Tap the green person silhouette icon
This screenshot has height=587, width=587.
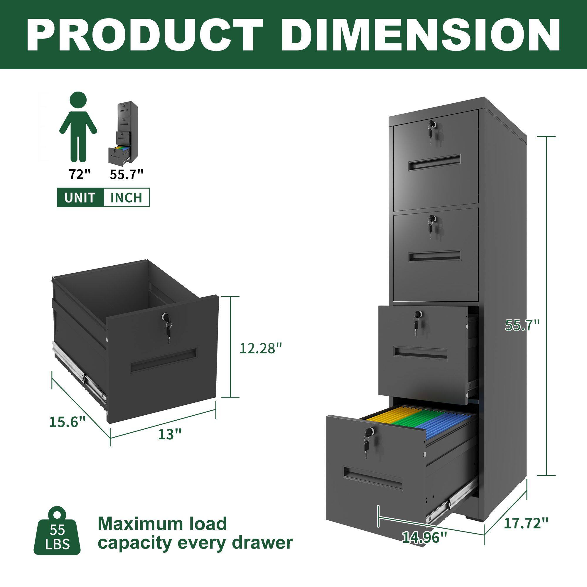tap(78, 128)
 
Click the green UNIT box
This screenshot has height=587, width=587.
tap(80, 198)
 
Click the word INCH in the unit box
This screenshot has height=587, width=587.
tap(126, 198)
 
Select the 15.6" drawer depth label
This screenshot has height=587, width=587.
tap(68, 422)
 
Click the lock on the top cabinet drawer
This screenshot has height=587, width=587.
tap(431, 124)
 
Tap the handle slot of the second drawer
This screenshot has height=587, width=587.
tap(434, 256)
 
